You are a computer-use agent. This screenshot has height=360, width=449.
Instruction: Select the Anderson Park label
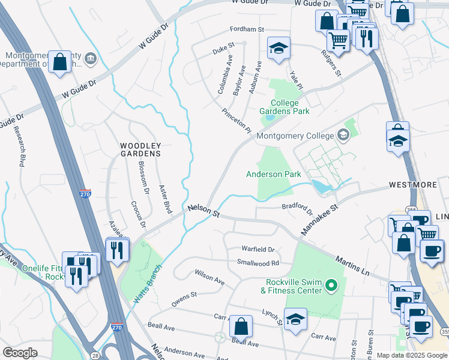click(x=273, y=174)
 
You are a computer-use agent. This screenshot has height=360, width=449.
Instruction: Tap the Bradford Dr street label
click(x=297, y=209)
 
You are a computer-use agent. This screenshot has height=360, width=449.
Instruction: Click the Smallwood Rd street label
click(x=258, y=262)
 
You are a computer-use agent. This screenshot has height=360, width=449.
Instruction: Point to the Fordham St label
click(x=247, y=29)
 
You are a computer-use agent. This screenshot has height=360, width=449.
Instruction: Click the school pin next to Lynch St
click(x=295, y=318)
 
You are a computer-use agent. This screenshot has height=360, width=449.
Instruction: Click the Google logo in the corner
click(x=20, y=353)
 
